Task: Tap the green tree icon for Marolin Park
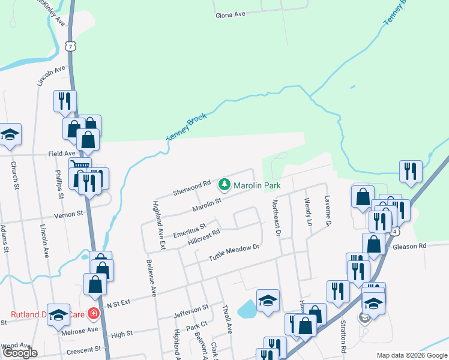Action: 224,184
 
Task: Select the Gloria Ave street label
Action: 231,14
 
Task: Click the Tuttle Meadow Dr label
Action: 234,253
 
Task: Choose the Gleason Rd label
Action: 409,246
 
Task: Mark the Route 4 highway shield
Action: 394,230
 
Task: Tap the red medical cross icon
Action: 93,313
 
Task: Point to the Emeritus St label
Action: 189,230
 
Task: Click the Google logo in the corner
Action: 20,353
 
